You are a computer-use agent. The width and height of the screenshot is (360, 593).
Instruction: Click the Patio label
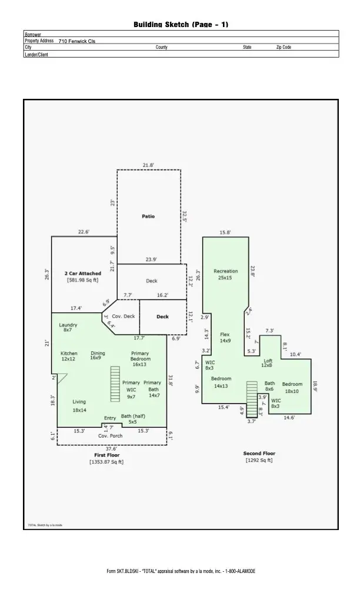[148, 216]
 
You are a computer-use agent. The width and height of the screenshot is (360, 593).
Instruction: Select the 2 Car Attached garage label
[82, 276]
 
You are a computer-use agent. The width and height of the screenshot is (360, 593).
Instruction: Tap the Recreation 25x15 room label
[225, 274]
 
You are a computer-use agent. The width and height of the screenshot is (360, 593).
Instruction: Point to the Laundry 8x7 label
[68, 327]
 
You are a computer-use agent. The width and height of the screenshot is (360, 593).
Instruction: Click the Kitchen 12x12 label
[69, 356]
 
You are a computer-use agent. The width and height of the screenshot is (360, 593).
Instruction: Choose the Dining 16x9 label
[98, 355]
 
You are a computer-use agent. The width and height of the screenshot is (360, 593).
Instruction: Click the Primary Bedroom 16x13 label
[140, 359]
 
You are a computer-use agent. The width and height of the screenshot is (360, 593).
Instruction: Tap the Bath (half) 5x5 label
[133, 419]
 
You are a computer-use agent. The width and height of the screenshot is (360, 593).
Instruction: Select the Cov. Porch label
[110, 436]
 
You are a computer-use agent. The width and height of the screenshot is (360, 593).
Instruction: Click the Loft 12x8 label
[268, 363]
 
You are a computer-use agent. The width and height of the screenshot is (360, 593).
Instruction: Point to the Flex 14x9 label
[225, 338]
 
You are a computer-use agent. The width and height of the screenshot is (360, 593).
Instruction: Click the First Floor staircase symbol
[115, 384]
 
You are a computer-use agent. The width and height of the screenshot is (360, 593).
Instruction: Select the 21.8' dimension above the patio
[148, 165]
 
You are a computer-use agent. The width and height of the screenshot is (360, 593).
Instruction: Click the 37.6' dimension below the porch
[111, 449]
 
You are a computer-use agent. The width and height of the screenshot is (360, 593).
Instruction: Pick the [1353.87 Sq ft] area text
[106, 462]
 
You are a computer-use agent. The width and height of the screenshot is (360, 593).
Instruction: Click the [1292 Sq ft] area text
[259, 461]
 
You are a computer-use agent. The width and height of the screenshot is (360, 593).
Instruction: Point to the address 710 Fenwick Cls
[76, 41]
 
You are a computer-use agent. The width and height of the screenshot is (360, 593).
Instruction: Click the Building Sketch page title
[181, 24]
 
